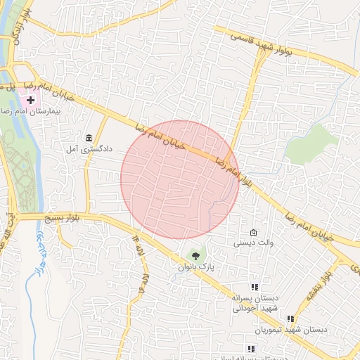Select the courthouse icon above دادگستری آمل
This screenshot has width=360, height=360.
coord(89,138)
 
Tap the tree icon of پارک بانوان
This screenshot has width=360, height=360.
coord(195,257)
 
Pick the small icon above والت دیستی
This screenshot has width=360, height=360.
coord(254,233)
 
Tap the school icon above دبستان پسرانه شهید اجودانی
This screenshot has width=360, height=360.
coord(255,287)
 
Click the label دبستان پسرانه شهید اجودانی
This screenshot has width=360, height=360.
coord(255,303)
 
